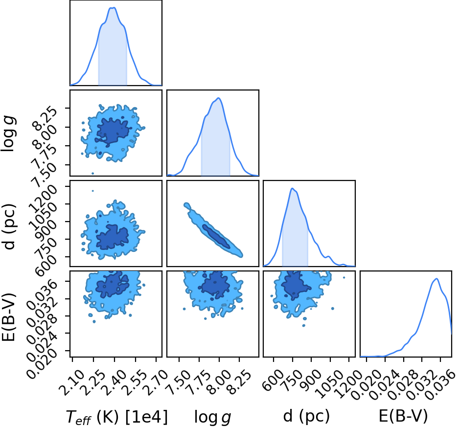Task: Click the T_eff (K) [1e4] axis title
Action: click(117, 416)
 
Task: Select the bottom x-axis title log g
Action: click(213, 417)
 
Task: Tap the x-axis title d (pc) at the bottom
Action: click(306, 416)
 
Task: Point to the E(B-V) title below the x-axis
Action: click(403, 416)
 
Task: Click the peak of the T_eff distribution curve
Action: click(114, 8)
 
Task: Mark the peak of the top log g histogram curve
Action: click(218, 98)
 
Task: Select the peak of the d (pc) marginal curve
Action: click(292, 188)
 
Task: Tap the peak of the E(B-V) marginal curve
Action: click(436, 279)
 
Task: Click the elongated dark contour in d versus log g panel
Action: click(216, 236)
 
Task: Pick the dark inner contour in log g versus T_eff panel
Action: click(113, 132)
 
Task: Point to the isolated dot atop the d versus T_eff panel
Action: click(93, 191)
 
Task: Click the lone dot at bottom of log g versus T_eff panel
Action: click(93, 173)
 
